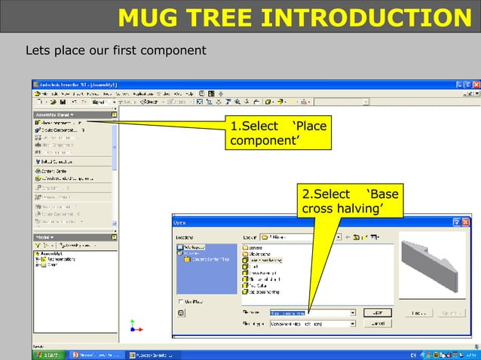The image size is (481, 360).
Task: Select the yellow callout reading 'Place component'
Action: click(278, 133)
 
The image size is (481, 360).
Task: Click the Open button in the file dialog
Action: click(378, 312)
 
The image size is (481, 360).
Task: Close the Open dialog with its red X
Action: click(465, 222)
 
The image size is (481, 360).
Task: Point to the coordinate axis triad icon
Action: click(133, 326)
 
